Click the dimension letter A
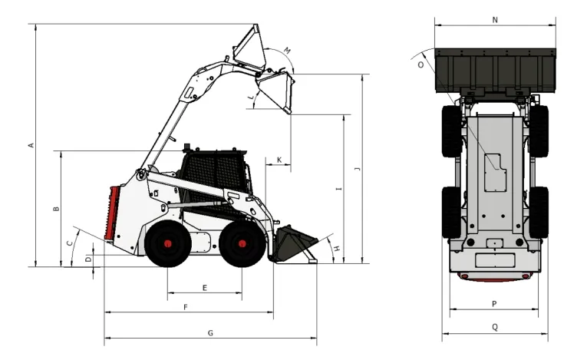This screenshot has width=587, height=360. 31,145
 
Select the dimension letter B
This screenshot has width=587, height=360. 56,209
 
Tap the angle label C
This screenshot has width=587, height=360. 70,244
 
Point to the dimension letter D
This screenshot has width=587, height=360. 88,259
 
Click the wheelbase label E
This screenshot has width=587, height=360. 204,288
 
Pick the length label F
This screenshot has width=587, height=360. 186,307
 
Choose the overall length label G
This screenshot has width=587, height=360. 209,332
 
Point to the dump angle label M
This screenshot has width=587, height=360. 287,51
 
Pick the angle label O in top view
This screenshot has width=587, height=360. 420,65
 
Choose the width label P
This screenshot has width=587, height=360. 494,304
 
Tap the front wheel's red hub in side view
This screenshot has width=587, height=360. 242,245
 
